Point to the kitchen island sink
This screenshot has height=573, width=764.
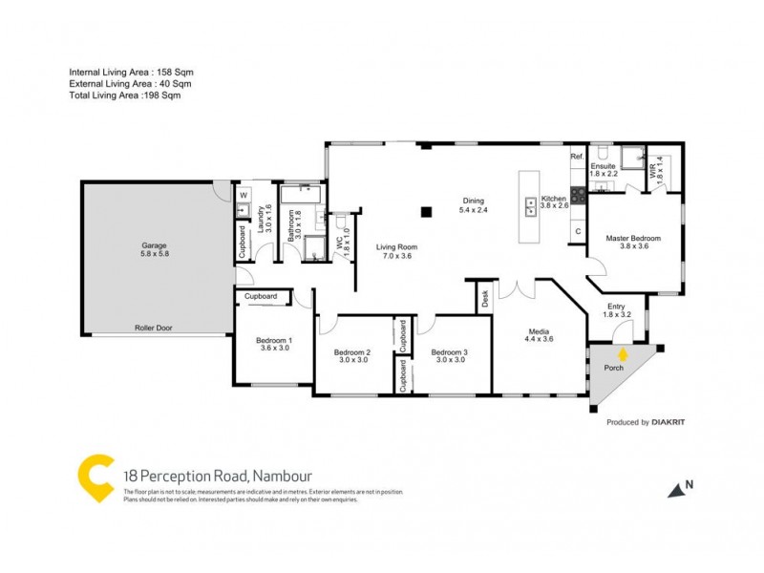coord(528,203)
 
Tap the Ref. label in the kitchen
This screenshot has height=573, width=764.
coord(577,156)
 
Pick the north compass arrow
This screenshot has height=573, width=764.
coord(676,488)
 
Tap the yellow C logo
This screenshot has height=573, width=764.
coord(95,475)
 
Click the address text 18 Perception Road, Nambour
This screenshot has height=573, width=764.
coord(218,475)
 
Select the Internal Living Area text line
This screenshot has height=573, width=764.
coord(132,73)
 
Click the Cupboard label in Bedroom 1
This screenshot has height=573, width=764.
coord(261,297)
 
